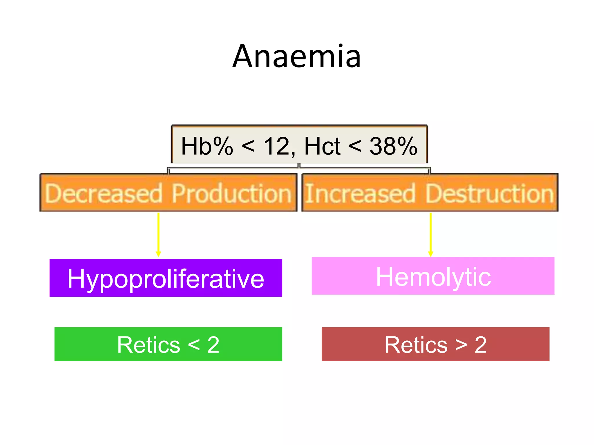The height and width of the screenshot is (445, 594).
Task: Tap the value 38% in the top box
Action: point(393,146)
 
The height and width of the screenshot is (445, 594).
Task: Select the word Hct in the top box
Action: point(322,146)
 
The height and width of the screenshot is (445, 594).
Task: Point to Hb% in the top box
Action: point(207,146)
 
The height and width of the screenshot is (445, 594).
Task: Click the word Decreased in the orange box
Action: point(104,193)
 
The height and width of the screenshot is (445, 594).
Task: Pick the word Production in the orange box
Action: point(231,193)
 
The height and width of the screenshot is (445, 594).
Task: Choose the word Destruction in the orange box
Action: point(490,193)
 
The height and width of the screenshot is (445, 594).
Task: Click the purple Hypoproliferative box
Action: point(166,278)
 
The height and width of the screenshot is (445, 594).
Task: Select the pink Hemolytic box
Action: point(433,276)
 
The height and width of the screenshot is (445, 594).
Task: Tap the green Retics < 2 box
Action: point(168,344)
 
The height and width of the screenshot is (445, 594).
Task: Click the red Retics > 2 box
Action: point(435,344)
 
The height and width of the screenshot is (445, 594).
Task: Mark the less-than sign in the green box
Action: point(194,345)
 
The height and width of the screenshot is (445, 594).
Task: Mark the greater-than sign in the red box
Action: point(461,345)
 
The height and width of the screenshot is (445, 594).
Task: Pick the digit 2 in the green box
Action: point(213,345)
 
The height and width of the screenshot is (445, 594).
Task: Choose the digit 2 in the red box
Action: point(481,345)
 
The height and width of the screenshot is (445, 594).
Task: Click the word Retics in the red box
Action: point(416,345)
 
